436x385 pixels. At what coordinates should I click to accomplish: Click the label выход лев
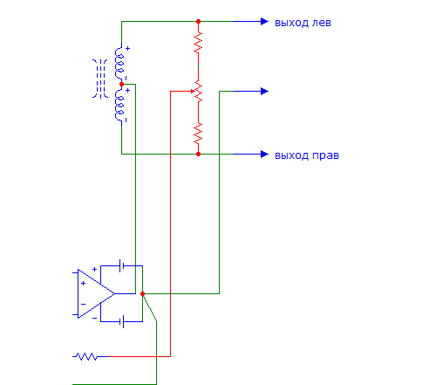pos(303,23)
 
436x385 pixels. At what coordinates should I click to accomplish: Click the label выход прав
pos(307,155)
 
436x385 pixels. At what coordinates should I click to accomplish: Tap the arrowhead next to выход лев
pos(264,21)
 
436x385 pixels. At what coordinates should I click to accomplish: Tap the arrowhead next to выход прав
pos(264,154)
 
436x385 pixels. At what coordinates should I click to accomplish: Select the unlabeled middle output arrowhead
pos(264,91)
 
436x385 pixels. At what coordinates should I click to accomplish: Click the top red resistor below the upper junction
pos(198,43)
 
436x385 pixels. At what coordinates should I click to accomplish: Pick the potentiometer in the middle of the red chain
pos(198,91)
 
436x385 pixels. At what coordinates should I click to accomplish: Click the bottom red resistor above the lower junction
pos(198,134)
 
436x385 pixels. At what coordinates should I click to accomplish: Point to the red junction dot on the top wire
pos(198,21)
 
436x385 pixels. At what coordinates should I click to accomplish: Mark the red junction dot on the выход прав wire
pos(198,154)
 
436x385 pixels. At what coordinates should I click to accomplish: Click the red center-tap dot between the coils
pos(121,84)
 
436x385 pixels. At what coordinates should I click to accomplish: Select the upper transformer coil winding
pos(119,63)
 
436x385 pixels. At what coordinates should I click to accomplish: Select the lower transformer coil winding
pos(119,105)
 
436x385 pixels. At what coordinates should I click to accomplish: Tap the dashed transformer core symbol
pos(100,79)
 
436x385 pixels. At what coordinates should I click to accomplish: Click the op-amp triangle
pos(96,293)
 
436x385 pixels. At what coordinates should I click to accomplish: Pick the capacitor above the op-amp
pos(121,265)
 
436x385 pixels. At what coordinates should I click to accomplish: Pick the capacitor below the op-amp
pos(121,321)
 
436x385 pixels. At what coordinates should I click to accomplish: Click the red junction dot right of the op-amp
pos(142,293)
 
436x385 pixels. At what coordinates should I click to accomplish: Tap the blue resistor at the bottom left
pos(85,356)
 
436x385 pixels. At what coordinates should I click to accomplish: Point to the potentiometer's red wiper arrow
pos(193,91)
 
